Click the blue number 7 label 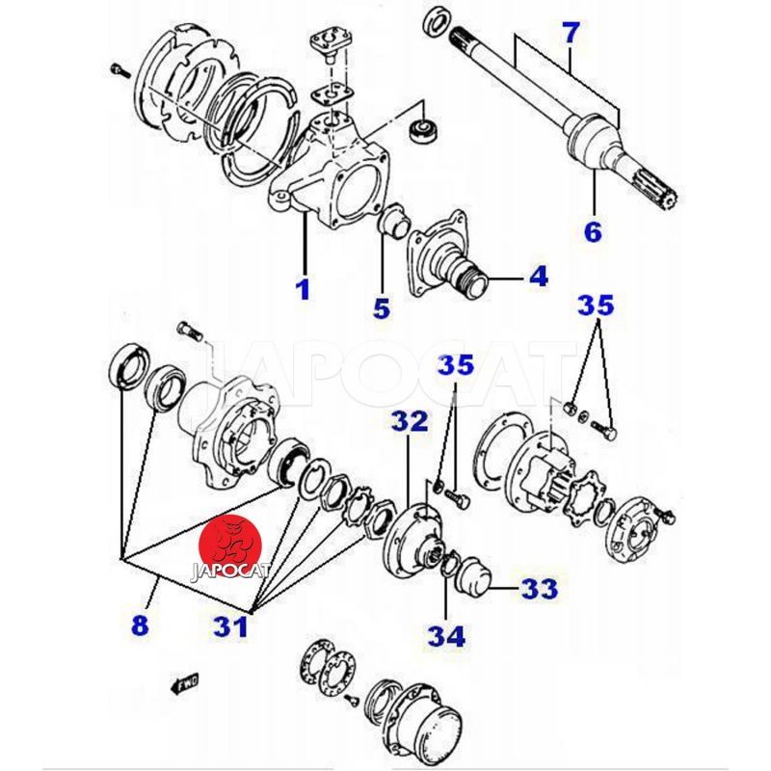[571, 34]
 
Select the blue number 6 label [592, 231]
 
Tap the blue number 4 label [537, 277]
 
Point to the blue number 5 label [382, 308]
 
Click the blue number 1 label [304, 288]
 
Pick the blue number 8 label [141, 625]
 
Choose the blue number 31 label [230, 626]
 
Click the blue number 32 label [409, 420]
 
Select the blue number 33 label [539, 587]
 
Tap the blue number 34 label [448, 635]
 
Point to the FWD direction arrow [182, 683]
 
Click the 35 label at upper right [595, 306]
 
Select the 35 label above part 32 [456, 365]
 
